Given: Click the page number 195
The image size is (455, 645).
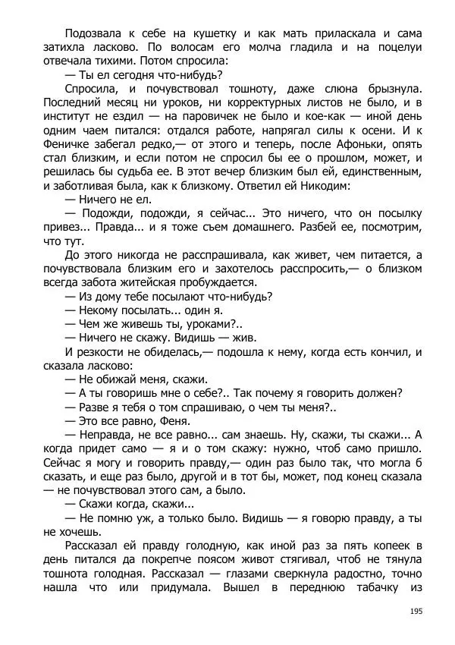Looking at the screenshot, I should (x=416, y=612).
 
